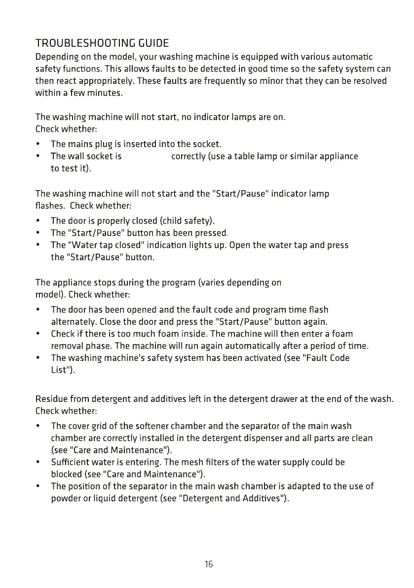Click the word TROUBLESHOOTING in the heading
pyautogui.click(x=79, y=43)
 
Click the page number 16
pyautogui.click(x=208, y=564)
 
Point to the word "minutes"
pyautogui.click(x=105, y=92)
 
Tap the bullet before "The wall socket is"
pyautogui.click(x=38, y=157)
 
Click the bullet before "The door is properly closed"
pyautogui.click(x=38, y=220)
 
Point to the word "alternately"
pyautogui.click(x=74, y=322)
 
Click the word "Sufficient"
pyautogui.click(x=72, y=462)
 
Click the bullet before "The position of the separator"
pyautogui.click(x=38, y=486)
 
